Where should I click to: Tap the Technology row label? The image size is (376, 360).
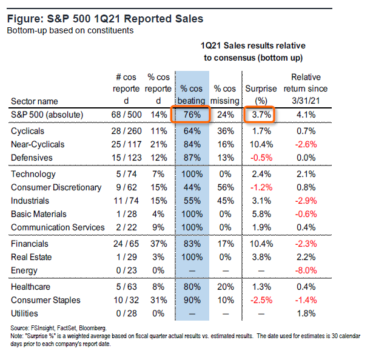pyautogui.click(x=34, y=174)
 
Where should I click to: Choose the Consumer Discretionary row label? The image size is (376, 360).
pyautogui.click(x=56, y=187)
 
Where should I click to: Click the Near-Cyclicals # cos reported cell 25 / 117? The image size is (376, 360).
pyautogui.click(x=126, y=144)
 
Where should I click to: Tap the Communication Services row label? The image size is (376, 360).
pyautogui.click(x=58, y=227)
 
